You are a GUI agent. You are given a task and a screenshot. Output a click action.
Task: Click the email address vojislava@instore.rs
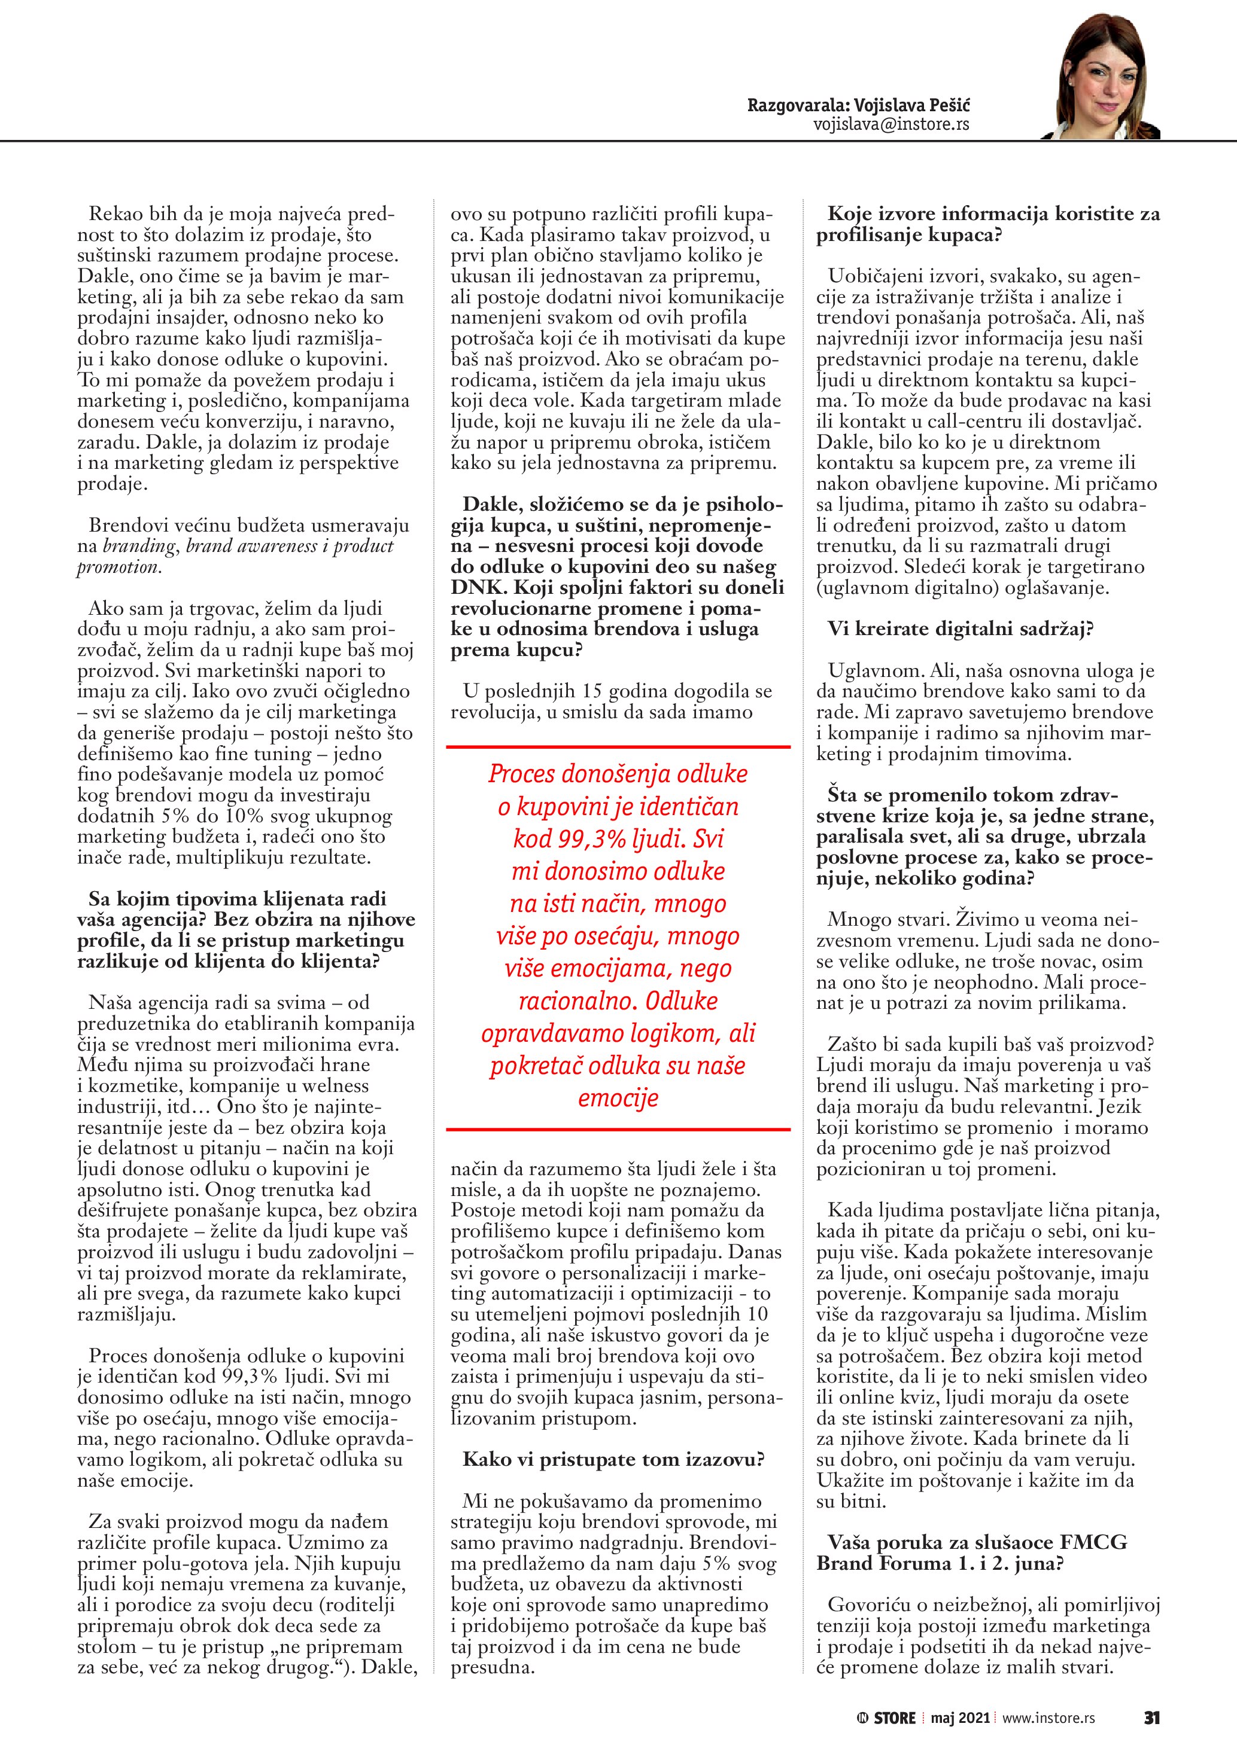point(891,124)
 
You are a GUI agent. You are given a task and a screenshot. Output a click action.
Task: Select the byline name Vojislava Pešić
point(912,105)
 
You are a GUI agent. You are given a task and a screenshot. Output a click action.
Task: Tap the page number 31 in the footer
point(1151,1718)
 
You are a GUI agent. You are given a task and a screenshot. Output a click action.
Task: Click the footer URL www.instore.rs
point(1048,1718)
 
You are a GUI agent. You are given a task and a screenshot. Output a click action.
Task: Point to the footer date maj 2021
point(960,1718)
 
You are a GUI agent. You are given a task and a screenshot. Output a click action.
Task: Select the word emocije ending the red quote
point(618,1098)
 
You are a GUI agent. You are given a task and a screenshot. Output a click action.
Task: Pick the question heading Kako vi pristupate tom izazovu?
point(613,1460)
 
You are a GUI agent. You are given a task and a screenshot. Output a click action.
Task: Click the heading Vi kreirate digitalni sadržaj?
point(961,629)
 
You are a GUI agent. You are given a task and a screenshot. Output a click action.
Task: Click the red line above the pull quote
point(618,747)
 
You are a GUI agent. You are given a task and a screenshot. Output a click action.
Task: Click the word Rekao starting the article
point(115,214)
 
